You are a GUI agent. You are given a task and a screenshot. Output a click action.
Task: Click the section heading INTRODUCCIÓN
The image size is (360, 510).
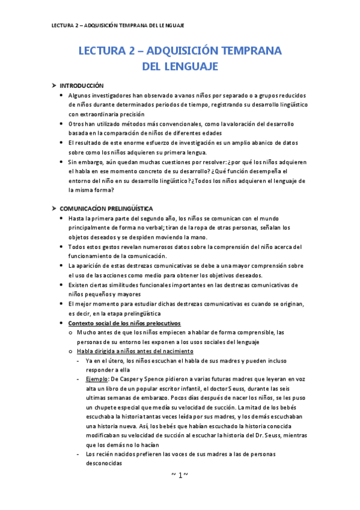81,86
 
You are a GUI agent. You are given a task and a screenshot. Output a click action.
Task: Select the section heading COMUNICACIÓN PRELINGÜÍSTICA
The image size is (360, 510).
105,207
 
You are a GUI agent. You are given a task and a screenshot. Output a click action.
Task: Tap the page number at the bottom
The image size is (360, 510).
180,475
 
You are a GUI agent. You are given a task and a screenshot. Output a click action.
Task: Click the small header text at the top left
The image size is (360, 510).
118,25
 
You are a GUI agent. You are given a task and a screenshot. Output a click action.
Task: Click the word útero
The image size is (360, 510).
115,361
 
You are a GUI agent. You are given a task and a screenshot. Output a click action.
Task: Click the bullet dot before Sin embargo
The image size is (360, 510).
64,162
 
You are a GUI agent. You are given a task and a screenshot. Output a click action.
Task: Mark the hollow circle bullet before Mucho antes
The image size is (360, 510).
71,333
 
